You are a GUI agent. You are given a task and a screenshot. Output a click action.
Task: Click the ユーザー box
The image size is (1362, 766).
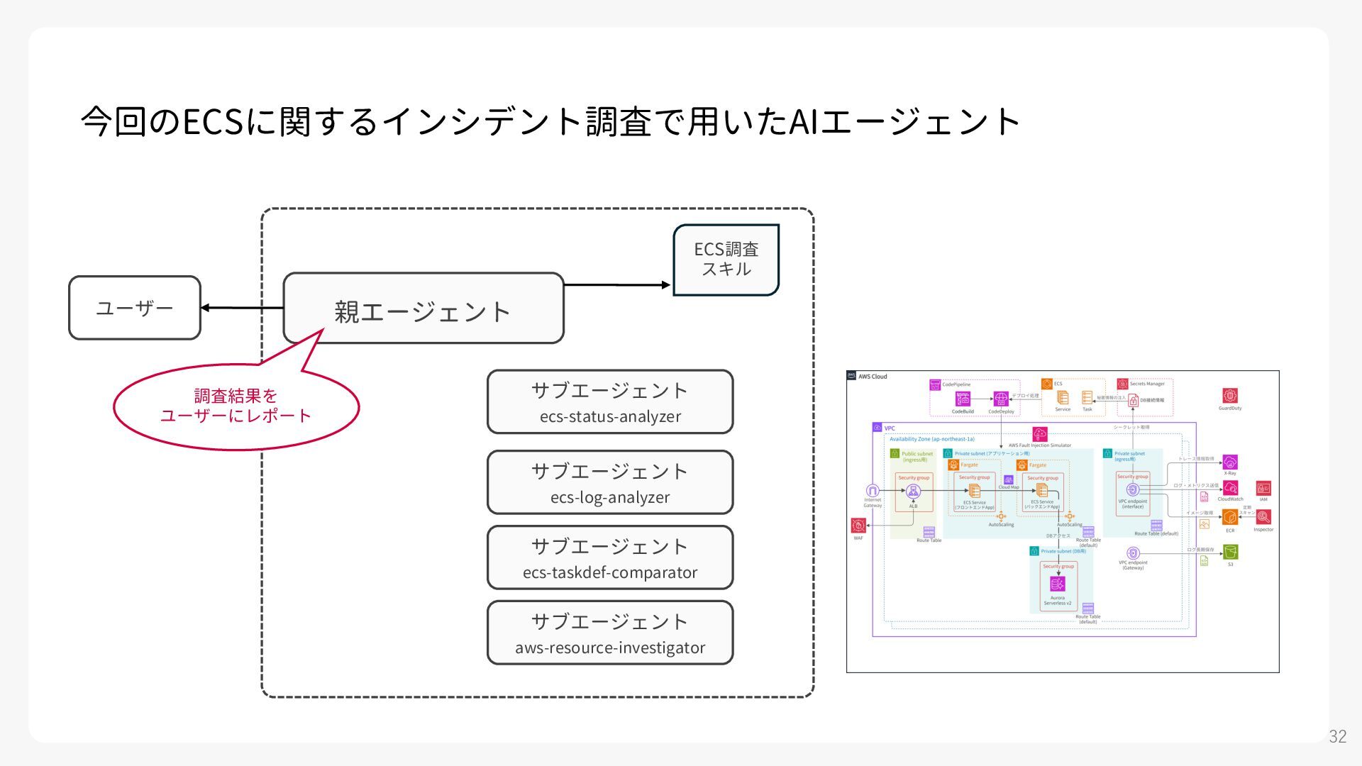(x=135, y=308)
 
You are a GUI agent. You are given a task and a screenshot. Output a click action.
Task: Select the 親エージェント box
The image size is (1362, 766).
(x=423, y=309)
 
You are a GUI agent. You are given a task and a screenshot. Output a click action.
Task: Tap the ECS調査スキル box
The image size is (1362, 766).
(x=726, y=260)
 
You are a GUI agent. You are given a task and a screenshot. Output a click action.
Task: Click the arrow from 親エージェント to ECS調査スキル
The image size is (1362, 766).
(x=617, y=285)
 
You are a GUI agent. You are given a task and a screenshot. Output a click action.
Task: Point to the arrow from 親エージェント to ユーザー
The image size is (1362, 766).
(x=242, y=308)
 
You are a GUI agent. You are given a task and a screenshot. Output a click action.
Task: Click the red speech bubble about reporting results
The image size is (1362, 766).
(x=236, y=406)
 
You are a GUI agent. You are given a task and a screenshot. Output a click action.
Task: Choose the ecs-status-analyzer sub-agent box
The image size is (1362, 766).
(x=610, y=402)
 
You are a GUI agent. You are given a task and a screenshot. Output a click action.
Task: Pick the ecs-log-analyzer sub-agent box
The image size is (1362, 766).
(x=610, y=482)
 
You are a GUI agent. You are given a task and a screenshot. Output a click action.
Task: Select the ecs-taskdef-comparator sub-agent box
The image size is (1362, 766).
(x=610, y=557)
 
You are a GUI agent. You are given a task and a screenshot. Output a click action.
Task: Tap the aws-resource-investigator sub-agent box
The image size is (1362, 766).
(x=610, y=633)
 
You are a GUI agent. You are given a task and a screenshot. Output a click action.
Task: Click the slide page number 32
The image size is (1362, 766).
(x=1337, y=736)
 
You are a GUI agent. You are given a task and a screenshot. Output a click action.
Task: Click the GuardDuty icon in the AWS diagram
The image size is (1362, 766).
(x=1230, y=396)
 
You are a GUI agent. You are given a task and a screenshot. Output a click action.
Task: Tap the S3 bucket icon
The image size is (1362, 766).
(x=1230, y=552)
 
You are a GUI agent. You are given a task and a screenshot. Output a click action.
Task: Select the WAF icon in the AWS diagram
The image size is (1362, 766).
(x=858, y=526)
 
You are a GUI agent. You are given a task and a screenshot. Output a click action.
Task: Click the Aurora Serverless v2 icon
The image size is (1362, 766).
(x=1057, y=584)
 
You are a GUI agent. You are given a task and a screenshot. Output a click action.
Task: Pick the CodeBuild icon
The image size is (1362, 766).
(x=963, y=399)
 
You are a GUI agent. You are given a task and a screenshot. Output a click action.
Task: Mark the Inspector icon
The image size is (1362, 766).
(x=1263, y=517)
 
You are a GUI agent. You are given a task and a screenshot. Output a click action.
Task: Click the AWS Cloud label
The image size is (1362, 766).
(x=873, y=377)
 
